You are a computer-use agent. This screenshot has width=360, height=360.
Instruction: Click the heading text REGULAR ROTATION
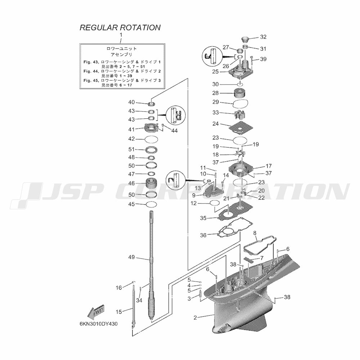(x=120, y=28)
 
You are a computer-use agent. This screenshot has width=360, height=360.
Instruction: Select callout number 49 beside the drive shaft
(x=131, y=257)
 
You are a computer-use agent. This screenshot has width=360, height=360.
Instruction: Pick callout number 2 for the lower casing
(x=195, y=318)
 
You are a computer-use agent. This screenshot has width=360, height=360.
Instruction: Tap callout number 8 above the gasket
(x=255, y=233)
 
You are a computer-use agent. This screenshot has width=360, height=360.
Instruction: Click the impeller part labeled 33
(x=238, y=115)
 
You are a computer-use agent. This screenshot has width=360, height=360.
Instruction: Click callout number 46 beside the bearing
(x=131, y=183)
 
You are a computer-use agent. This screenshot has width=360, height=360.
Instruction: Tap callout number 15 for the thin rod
(x=119, y=311)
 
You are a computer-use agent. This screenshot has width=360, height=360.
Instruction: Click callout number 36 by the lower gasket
(x=203, y=235)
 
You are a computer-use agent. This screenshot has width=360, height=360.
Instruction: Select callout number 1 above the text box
(x=121, y=35)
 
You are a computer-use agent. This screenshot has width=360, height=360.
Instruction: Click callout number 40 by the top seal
(x=131, y=102)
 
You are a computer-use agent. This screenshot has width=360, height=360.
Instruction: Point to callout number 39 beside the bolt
(x=263, y=59)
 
